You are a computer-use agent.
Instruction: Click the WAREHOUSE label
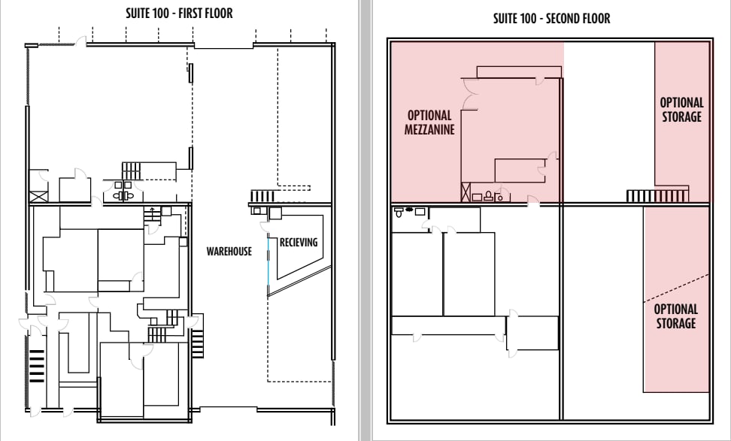[229, 250]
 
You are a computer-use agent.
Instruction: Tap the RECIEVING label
[299, 242]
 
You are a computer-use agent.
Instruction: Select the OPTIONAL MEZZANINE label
[429, 123]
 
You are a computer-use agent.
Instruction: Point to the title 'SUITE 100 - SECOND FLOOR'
[551, 19]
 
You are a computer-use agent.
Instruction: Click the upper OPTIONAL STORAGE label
[681, 109]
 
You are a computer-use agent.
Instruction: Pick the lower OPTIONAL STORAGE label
[675, 316]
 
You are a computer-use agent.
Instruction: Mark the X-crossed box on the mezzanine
[466, 193]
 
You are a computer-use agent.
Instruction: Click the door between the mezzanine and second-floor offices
[532, 201]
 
